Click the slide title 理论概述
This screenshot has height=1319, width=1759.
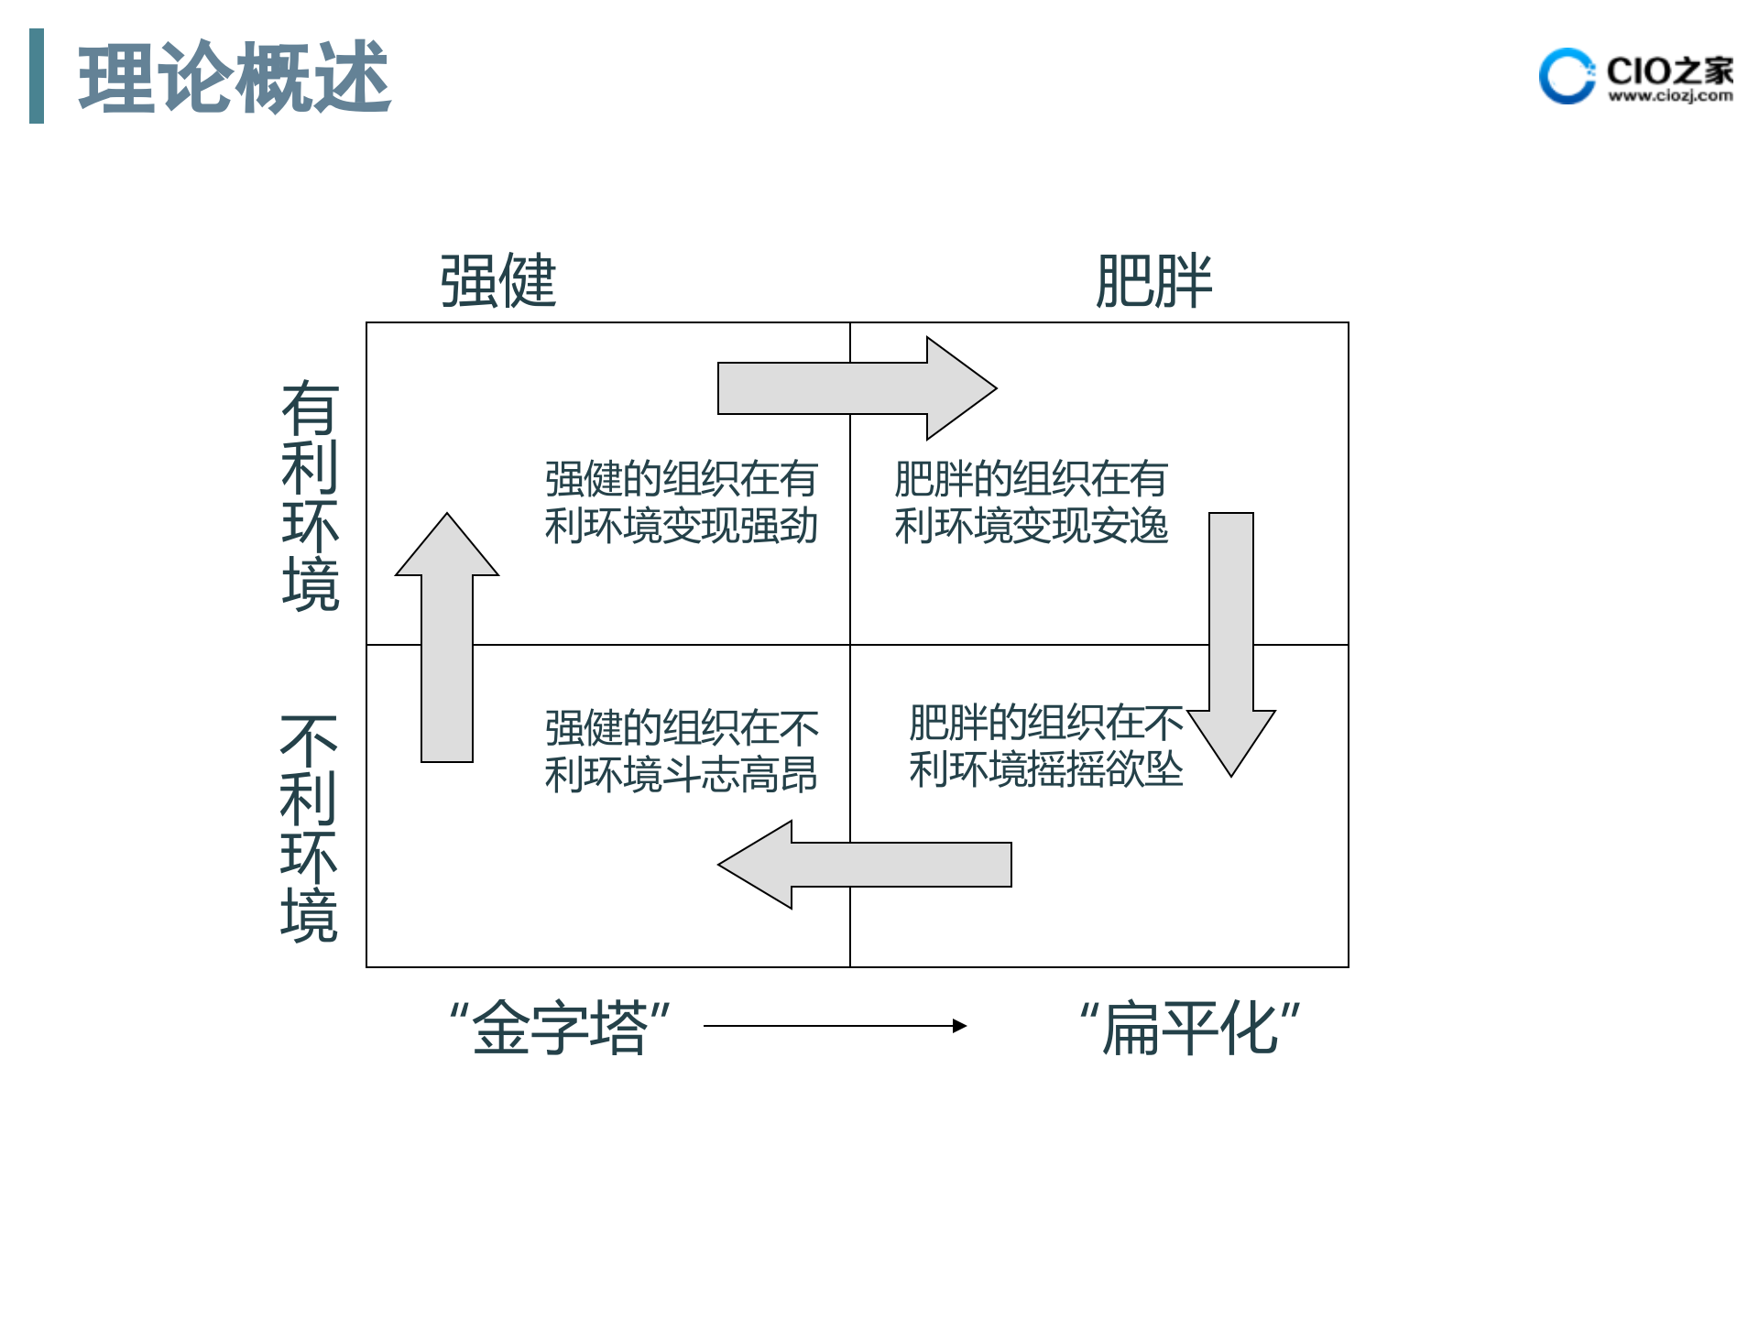pyautogui.click(x=235, y=78)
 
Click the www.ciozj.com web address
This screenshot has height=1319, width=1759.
pyautogui.click(x=1670, y=95)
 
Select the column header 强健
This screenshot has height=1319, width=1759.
pyautogui.click(x=497, y=280)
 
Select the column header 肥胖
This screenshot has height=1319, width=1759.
pyautogui.click(x=1153, y=280)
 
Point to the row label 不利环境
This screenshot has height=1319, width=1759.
pyautogui.click(x=309, y=828)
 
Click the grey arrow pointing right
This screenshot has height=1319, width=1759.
pyautogui.click(x=857, y=388)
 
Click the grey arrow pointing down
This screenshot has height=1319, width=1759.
pyautogui.click(x=1231, y=641)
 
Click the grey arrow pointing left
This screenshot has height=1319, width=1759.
pyautogui.click(x=864, y=865)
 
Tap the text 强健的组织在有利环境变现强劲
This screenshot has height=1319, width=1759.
pyautogui.click(x=681, y=502)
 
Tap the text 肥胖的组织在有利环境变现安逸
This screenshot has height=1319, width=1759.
pyautogui.click(x=1031, y=502)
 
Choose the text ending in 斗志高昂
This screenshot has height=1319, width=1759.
pyautogui.click(x=681, y=751)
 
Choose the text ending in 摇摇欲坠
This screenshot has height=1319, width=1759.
pyautogui.click(x=1045, y=746)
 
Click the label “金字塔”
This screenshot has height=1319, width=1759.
pyautogui.click(x=559, y=1028)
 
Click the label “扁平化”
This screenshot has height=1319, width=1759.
pyautogui.click(x=1189, y=1028)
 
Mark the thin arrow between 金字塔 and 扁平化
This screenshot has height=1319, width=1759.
pyautogui.click(x=835, y=1026)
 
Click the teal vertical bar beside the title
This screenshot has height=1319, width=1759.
pyautogui.click(x=37, y=76)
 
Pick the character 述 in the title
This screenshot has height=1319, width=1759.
pyautogui.click(x=353, y=78)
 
